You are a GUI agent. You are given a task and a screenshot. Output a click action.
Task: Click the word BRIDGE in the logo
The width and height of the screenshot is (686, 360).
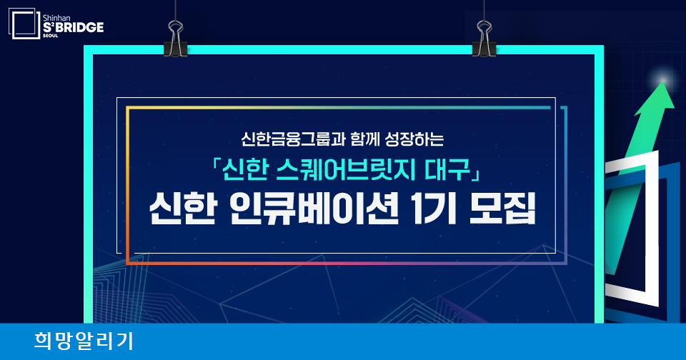pos(79,28)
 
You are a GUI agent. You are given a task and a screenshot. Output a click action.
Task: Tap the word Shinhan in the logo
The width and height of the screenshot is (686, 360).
pos(56,18)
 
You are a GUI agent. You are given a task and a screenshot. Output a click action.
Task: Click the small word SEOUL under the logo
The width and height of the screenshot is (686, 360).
pos(50,36)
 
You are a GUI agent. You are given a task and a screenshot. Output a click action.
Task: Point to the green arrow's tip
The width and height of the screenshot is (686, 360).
pos(663,81)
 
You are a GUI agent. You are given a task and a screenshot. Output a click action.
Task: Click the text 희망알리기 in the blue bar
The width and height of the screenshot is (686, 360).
pos(84,341)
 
